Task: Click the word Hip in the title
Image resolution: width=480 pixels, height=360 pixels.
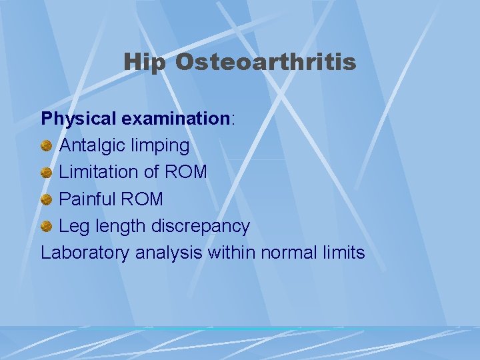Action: pos(145,63)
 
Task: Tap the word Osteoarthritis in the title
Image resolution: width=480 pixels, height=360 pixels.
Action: pos(265,63)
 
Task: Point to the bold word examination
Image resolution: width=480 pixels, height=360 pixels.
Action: pos(175,119)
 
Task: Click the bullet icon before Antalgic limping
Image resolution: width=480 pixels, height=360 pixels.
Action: pos(47,145)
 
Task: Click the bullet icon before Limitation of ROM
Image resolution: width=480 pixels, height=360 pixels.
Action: pos(47,172)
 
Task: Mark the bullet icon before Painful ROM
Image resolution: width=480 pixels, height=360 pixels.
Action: pos(47,199)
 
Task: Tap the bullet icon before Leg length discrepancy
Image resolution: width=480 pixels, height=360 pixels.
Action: pos(47,227)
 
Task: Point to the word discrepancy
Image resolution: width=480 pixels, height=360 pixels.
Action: pos(199,227)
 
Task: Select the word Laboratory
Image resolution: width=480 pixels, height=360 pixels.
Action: pos(85,253)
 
